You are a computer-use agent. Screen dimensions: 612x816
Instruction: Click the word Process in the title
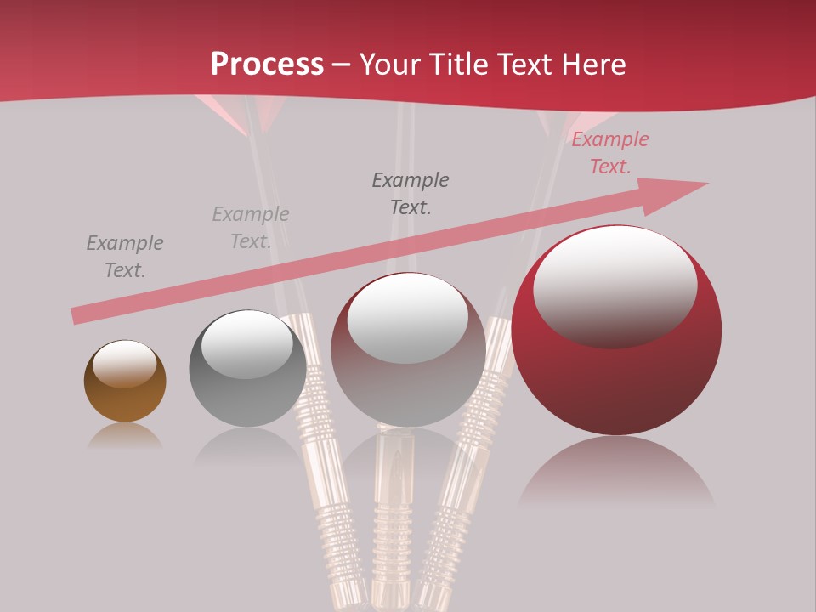pyautogui.click(x=267, y=65)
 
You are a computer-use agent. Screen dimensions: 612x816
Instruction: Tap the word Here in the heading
pyautogui.click(x=593, y=65)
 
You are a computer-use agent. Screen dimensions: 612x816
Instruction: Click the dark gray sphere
pyautogui.click(x=247, y=369)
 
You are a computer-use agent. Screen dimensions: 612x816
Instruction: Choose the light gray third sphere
pyautogui.click(x=408, y=350)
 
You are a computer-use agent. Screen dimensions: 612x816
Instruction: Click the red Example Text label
pyautogui.click(x=609, y=153)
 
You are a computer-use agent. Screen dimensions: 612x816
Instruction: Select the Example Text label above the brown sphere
pyautogui.click(x=125, y=257)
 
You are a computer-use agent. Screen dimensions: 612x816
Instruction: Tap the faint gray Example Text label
pyautogui.click(x=250, y=228)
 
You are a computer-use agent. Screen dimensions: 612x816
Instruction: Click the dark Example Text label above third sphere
pyautogui.click(x=411, y=193)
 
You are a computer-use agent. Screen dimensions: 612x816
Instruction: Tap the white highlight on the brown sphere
pyautogui.click(x=124, y=364)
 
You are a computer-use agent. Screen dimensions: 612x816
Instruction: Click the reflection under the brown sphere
pyautogui.click(x=125, y=436)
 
